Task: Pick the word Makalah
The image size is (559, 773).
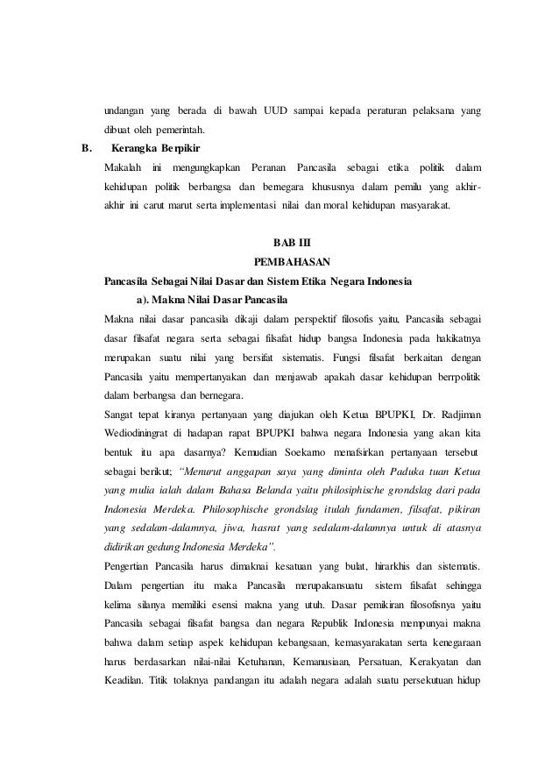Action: click(x=124, y=167)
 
